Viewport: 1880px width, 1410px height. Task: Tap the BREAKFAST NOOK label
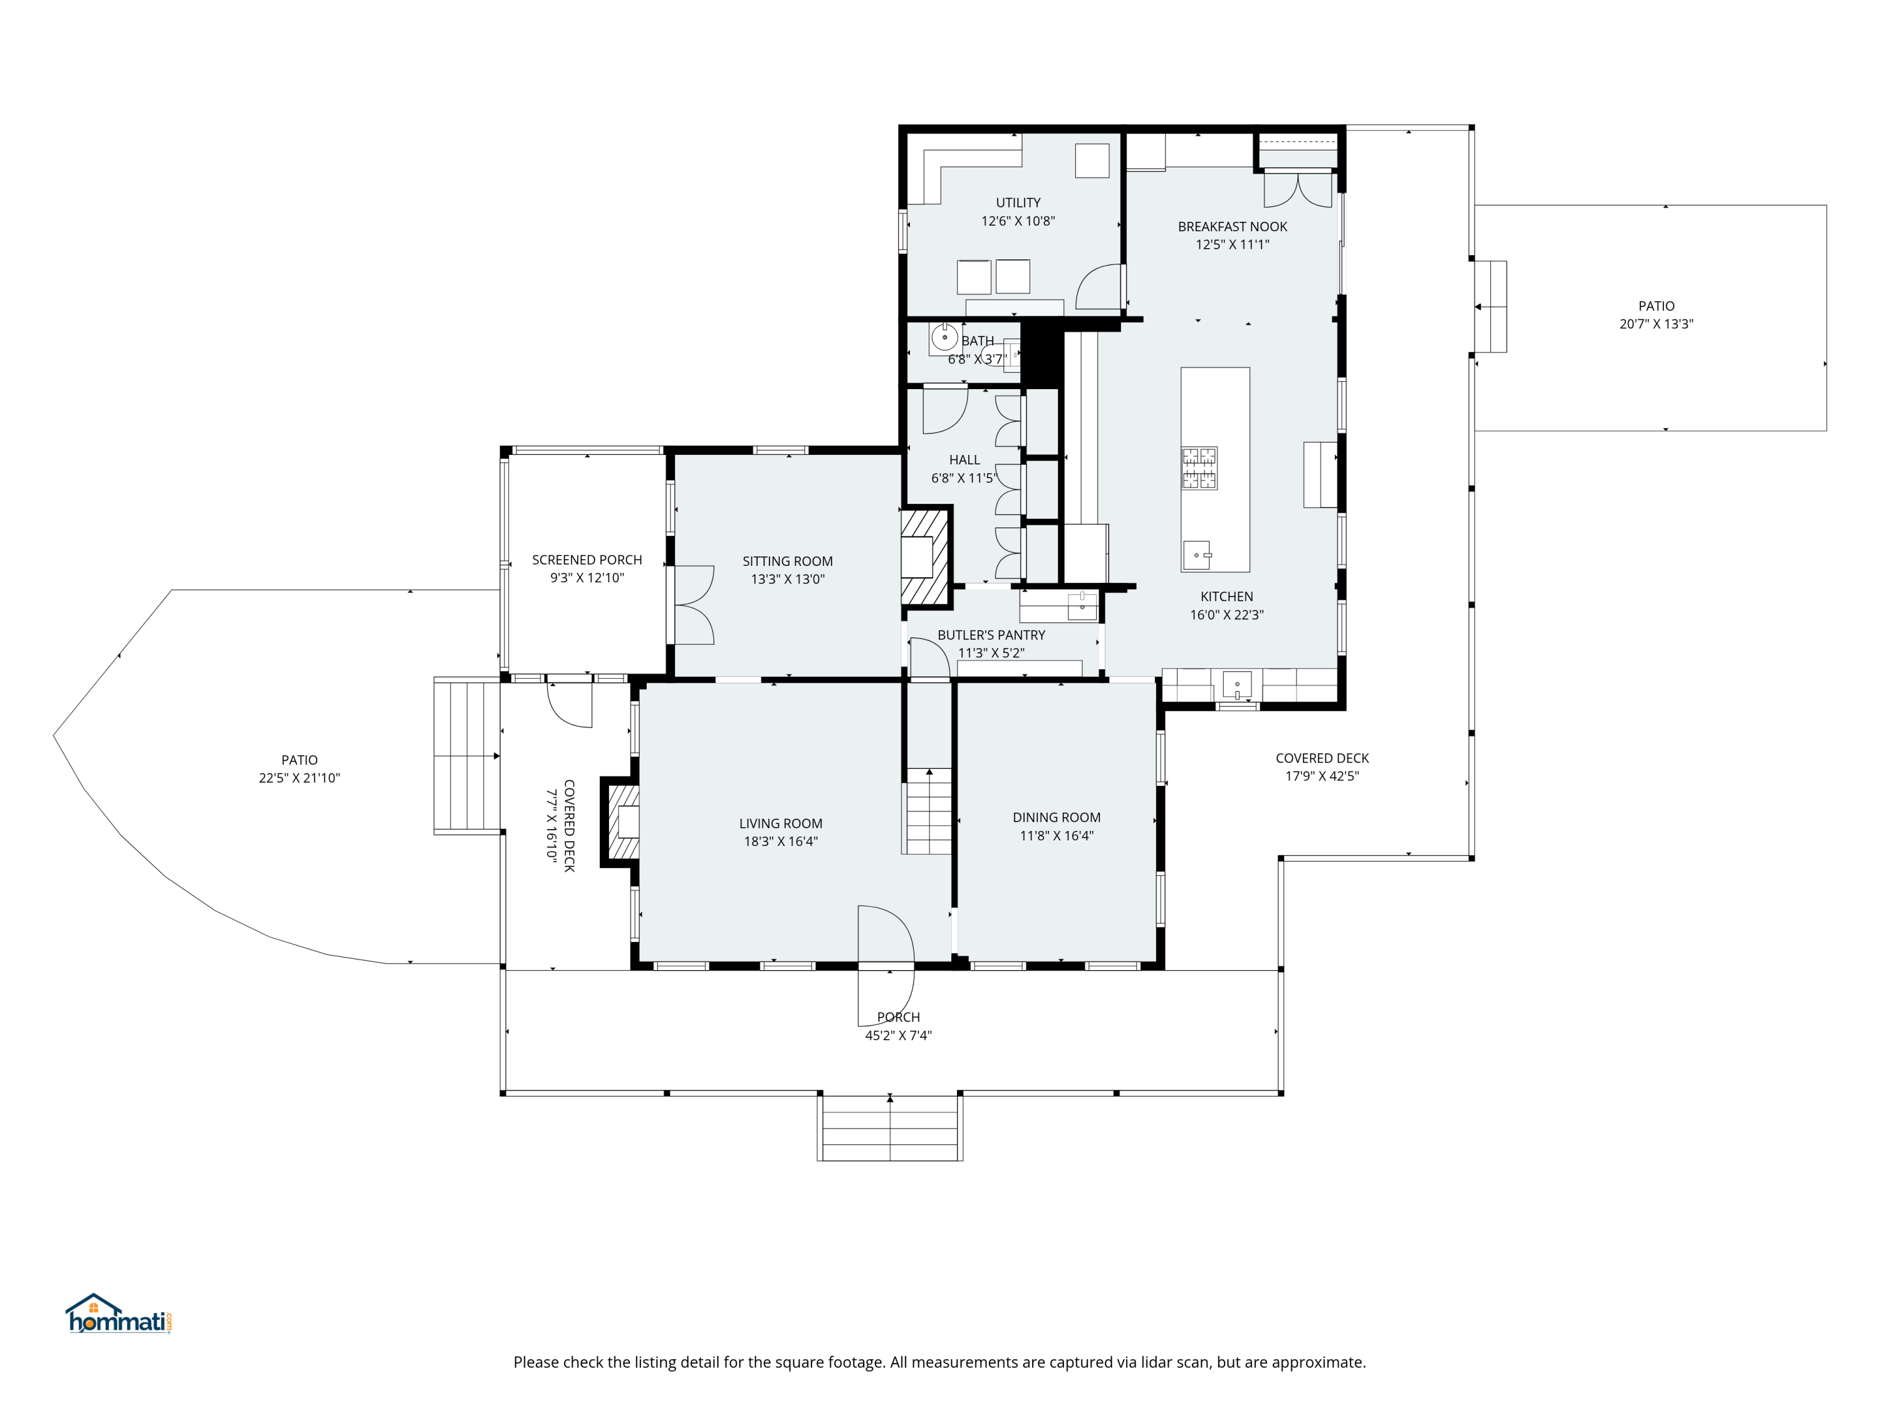pyautogui.click(x=1233, y=226)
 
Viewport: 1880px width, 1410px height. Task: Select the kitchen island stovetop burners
pyautogui.click(x=1199, y=468)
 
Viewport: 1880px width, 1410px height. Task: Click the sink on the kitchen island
pyautogui.click(x=1198, y=555)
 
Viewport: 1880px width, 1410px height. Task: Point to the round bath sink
pyautogui.click(x=944, y=337)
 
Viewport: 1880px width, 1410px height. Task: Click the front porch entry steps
pyautogui.click(x=890, y=1128)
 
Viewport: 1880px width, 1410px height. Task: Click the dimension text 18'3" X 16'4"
pyautogui.click(x=780, y=842)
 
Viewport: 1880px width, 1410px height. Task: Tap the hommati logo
pyautogui.click(x=120, y=1314)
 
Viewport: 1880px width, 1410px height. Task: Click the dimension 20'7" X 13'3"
pyautogui.click(x=1656, y=324)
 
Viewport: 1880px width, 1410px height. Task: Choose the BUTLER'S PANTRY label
pyautogui.click(x=991, y=635)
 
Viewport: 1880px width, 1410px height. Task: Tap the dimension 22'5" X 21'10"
pyautogui.click(x=299, y=778)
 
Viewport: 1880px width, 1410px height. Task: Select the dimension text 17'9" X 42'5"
pyautogui.click(x=1322, y=776)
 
